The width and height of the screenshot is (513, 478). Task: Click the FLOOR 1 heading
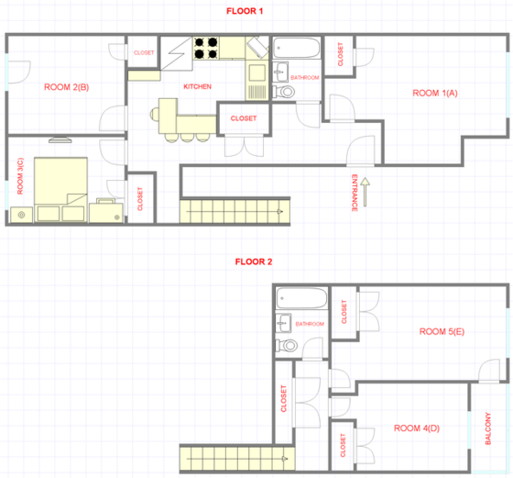click(x=245, y=11)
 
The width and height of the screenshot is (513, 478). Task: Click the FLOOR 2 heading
click(x=254, y=261)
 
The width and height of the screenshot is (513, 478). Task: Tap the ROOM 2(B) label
click(x=66, y=88)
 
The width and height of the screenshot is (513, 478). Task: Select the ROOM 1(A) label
click(x=434, y=93)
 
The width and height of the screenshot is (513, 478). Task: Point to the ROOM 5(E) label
click(x=442, y=331)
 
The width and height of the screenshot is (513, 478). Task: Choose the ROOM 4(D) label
click(x=416, y=428)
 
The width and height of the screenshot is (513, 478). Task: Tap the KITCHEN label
click(x=197, y=87)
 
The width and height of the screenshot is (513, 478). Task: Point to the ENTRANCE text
click(x=354, y=193)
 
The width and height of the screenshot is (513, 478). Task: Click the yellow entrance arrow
click(x=366, y=193)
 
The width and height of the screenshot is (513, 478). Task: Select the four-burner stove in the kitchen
click(x=205, y=48)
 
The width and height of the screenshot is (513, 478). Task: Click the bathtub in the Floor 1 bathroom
click(x=298, y=49)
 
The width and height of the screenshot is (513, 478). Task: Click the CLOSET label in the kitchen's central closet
click(x=244, y=118)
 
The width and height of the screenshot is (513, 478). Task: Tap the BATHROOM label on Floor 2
click(x=310, y=324)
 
